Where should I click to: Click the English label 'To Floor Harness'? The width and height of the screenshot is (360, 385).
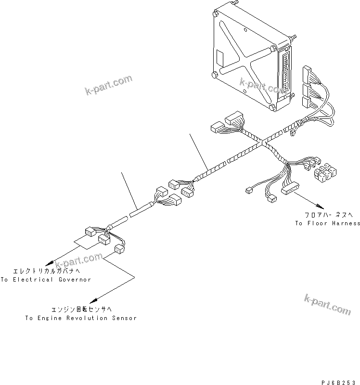327,223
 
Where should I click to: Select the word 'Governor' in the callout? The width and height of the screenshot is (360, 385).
75,280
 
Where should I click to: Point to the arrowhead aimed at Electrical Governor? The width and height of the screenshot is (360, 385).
47,264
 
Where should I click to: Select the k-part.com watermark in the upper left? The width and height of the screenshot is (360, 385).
108,85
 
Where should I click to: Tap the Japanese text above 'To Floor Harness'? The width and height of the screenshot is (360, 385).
327,216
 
